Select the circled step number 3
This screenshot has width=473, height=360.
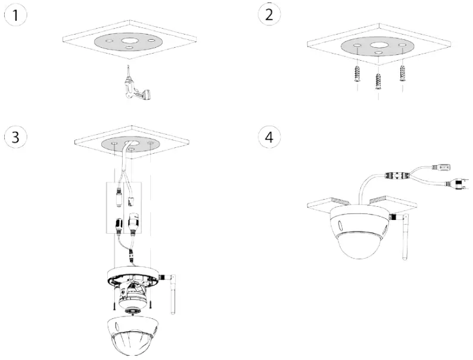tap(15, 136)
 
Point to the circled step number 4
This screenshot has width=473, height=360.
tap(269, 136)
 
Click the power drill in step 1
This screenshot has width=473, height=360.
tap(134, 86)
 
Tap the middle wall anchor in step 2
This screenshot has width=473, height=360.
tap(378, 80)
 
